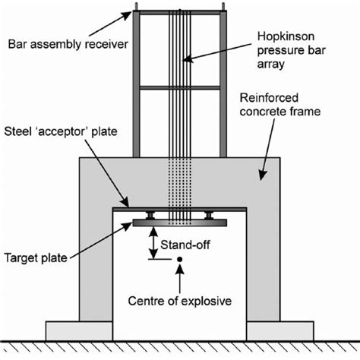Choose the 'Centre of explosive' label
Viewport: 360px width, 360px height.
pyautogui.click(x=180, y=301)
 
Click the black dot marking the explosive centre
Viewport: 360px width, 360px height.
pyautogui.click(x=178, y=261)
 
